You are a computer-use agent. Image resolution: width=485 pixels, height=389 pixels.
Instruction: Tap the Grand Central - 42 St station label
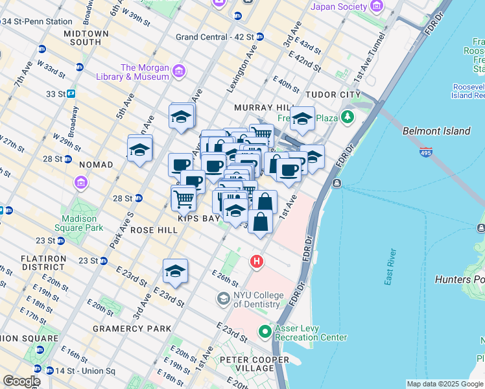pos(215,36)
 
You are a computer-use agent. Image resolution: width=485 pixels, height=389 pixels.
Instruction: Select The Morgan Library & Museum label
pos(145,72)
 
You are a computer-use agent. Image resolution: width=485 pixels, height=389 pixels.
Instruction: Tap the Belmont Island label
pos(436,131)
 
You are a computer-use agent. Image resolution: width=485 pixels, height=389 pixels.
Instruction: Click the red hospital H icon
pos(257,261)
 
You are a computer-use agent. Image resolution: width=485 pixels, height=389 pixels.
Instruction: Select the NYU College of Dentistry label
pos(258,300)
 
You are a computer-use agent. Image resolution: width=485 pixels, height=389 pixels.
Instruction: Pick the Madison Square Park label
pos(82,224)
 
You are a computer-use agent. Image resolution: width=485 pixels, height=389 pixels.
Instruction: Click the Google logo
pos(22,381)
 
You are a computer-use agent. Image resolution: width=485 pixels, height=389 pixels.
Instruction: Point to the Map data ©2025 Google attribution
pos(444,384)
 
